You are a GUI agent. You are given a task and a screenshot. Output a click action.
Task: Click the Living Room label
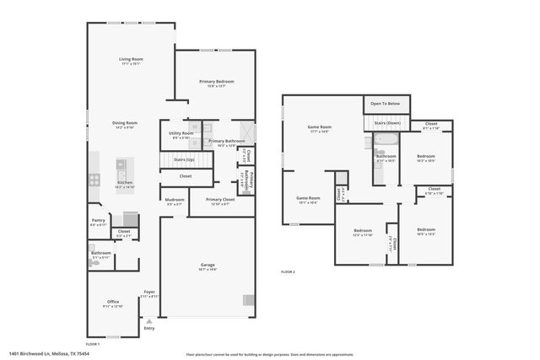(x=130, y=59)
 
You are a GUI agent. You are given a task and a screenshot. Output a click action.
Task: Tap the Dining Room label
(x=125, y=124)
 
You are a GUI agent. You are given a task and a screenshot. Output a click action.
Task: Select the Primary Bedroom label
(x=216, y=81)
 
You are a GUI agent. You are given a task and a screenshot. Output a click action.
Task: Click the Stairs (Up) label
(x=184, y=159)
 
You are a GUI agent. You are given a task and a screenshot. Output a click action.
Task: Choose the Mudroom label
(x=174, y=200)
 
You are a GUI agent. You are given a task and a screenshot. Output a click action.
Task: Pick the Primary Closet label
(x=219, y=200)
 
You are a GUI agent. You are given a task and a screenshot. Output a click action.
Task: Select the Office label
(x=113, y=302)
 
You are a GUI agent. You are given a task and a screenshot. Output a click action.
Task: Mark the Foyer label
(x=148, y=293)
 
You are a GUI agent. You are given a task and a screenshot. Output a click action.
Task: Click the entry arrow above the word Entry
(x=149, y=321)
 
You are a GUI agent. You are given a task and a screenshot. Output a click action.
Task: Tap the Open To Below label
(x=386, y=104)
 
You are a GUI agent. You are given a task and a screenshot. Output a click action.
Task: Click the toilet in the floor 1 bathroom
(x=95, y=264)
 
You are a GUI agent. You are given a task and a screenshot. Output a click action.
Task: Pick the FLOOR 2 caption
(x=288, y=271)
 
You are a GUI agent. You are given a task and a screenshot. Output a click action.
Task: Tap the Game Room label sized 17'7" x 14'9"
(x=319, y=128)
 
